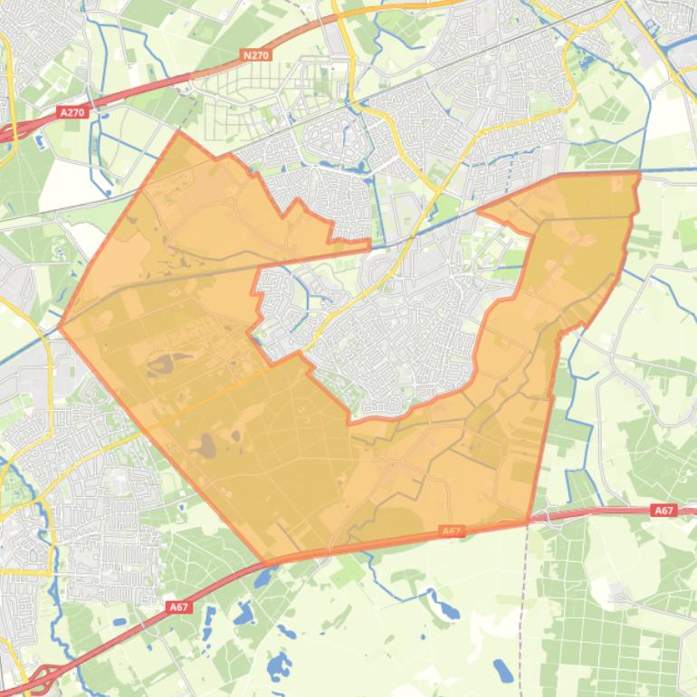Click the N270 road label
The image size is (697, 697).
pos(257,55)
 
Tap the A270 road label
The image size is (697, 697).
pos(72,112)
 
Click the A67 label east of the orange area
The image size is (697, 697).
pos(664,511)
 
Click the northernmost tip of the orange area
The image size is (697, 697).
pos(178,132)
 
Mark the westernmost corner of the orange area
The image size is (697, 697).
pos(60,328)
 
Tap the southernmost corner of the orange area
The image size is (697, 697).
pos(264,562)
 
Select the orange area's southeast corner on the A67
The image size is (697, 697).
pos(528,521)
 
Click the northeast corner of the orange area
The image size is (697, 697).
pos(639,172)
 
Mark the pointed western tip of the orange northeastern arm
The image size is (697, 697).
pos(478,214)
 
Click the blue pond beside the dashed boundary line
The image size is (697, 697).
pos(502,671)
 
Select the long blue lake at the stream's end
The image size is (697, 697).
pos(447,610)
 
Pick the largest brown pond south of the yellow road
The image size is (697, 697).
pos(208,445)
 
